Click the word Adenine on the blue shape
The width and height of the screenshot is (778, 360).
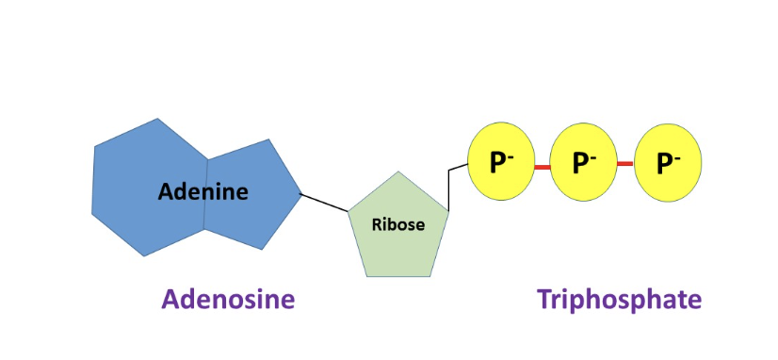203,192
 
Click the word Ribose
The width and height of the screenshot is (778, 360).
398,225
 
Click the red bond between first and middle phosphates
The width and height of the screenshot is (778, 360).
542,166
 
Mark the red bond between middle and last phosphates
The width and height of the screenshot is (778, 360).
624,164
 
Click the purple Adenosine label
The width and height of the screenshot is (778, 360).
228,300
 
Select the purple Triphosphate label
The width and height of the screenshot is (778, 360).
619,300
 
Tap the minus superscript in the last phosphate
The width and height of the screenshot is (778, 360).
678,155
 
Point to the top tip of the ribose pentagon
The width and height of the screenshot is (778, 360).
398,172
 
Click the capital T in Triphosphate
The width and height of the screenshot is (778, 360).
543,299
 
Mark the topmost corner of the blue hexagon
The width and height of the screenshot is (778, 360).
157,119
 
